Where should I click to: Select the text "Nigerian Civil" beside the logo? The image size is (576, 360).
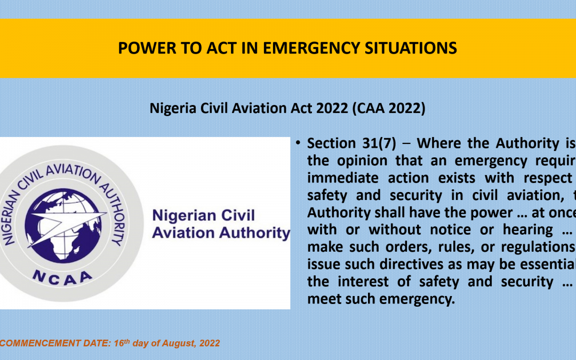pyautogui.click(x=204, y=215)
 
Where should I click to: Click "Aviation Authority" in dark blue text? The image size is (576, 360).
pyautogui.click(x=221, y=233)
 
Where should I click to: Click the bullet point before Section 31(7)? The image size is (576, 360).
pyautogui.click(x=298, y=143)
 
